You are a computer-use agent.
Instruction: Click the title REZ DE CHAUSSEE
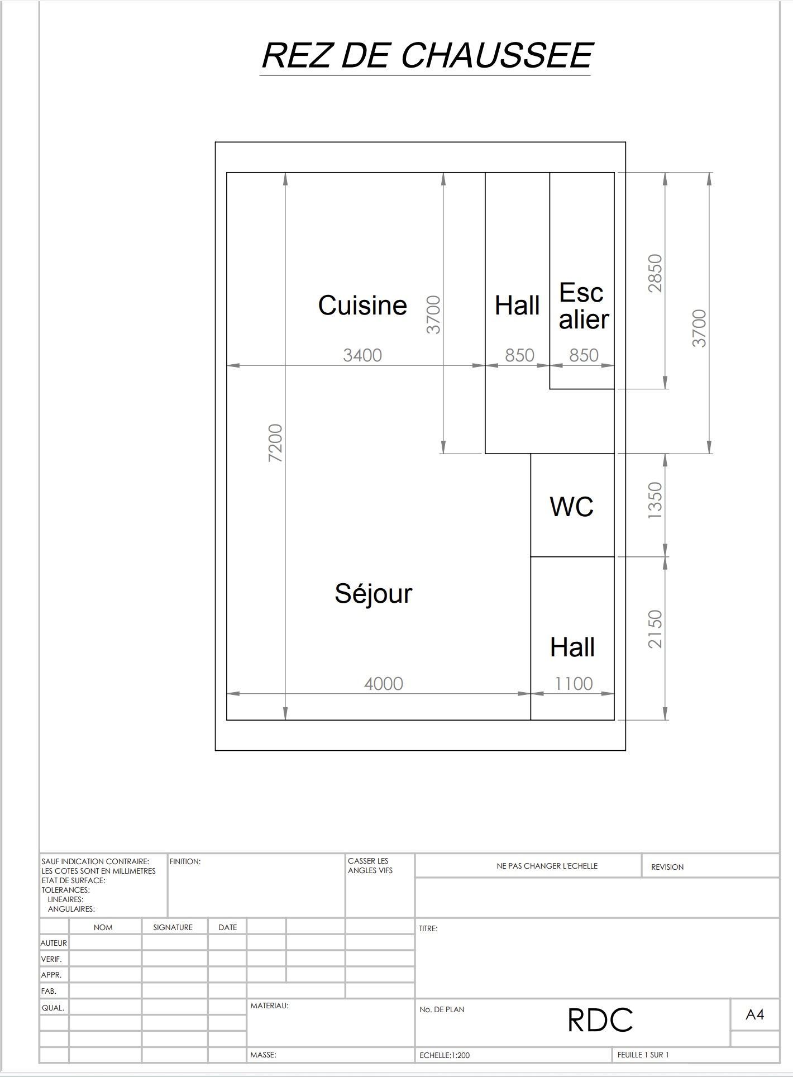[427, 55]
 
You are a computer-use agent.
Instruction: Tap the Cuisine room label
[362, 305]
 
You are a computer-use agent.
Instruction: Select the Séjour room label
[373, 594]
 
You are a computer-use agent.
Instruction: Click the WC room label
[571, 507]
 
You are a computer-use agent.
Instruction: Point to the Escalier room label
[584, 306]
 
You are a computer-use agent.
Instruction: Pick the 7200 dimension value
[276, 443]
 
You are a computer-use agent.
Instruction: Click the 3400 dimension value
[362, 355]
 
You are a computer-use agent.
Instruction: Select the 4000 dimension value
[384, 683]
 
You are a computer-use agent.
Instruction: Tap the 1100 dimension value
[574, 683]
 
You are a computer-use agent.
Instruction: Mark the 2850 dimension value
[655, 273]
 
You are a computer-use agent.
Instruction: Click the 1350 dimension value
[655, 501]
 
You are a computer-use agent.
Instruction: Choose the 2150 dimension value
[655, 629]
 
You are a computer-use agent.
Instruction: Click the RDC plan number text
[600, 1020]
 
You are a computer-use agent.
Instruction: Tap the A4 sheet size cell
[754, 1014]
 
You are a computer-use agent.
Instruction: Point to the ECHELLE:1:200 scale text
[445, 1055]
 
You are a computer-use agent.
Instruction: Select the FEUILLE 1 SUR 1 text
[643, 1055]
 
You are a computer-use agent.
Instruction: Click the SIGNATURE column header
[173, 927]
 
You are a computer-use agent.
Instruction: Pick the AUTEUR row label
[54, 943]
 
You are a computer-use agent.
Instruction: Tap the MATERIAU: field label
[269, 1005]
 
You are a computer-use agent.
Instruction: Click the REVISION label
[667, 867]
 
